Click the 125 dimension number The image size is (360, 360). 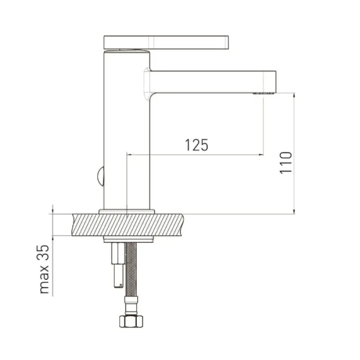point(196,145)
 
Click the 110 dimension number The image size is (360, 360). point(286,163)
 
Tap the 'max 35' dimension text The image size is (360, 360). point(44,269)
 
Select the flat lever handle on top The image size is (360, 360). point(166,42)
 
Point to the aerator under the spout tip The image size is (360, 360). point(263,94)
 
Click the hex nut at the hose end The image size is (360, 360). point(131,321)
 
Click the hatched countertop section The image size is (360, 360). point(128,225)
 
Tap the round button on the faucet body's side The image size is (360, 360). point(101,176)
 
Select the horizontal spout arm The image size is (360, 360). point(212,82)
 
